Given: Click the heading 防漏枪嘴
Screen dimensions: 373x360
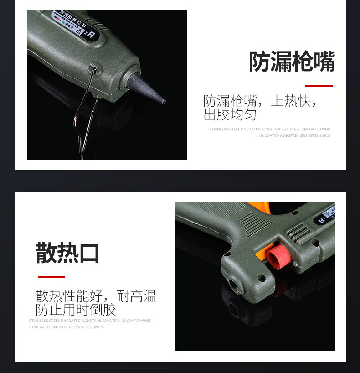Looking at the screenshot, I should [x=292, y=62].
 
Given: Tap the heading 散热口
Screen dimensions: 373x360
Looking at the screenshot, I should [x=67, y=253].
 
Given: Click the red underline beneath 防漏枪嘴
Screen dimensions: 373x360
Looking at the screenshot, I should [x=319, y=85].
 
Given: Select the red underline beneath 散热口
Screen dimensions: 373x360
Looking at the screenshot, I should [x=51, y=277].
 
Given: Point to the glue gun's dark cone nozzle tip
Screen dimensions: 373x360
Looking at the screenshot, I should [x=148, y=89].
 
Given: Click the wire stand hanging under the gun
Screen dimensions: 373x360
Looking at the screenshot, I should [x=87, y=109].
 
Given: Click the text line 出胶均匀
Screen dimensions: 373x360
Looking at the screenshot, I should [x=230, y=114].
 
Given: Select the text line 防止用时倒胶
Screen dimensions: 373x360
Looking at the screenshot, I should [x=76, y=310].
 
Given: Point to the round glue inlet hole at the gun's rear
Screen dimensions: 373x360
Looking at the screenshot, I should [x=235, y=285].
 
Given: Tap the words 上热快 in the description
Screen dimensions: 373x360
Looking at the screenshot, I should [x=291, y=101].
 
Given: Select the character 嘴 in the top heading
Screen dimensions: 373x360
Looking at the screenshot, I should [x=324, y=62].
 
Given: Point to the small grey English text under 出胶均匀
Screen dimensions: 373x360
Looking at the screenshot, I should [x=270, y=132].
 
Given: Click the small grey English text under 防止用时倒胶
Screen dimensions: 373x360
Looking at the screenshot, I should [x=89, y=324].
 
